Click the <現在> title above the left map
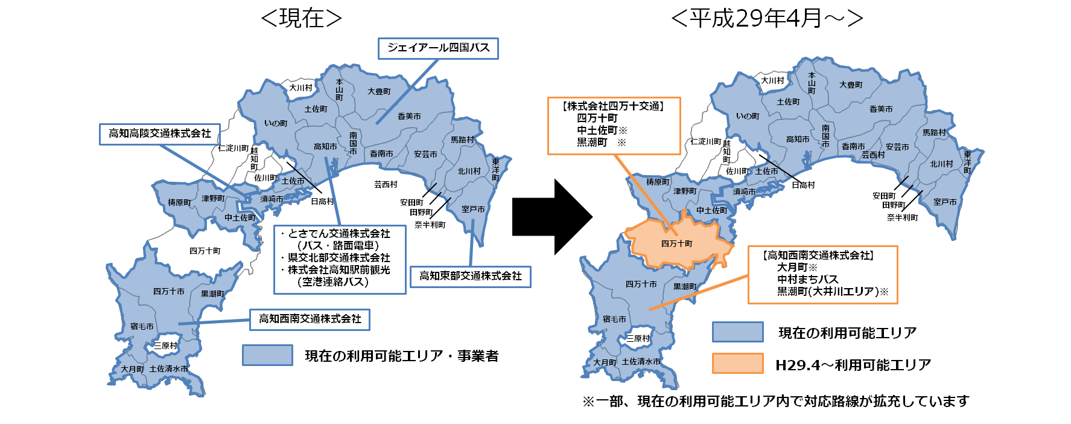tap(301, 20)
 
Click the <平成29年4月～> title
tap(766, 20)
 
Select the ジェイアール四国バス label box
tap(438, 48)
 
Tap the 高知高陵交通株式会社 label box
tap(159, 134)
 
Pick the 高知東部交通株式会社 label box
tap(470, 276)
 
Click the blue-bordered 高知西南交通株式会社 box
tap(310, 319)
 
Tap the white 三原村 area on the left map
tap(165, 345)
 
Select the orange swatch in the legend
tap(737, 364)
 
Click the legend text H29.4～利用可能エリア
tap(853, 365)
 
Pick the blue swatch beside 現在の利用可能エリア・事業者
tap(267, 355)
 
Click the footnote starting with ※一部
tap(775, 401)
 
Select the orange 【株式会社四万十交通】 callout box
tap(614, 126)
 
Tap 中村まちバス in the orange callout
tap(807, 279)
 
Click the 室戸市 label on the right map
tap(944, 202)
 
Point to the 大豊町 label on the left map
tap(379, 92)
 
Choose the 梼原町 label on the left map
tap(179, 203)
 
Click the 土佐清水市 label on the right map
tap(641, 362)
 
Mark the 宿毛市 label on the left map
tap(142, 327)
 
